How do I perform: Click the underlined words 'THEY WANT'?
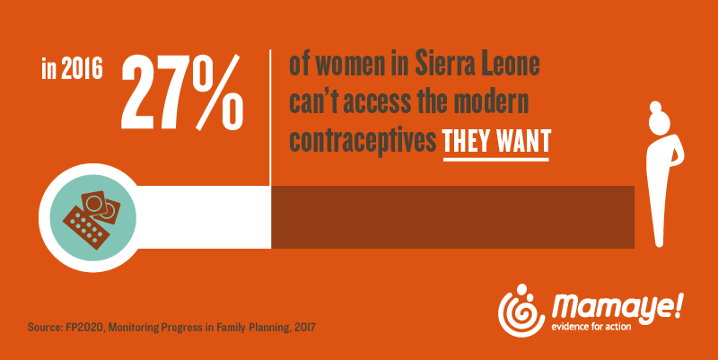pos(495,144)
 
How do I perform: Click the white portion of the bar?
pos(197,216)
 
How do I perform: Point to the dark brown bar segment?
pos(453,216)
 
